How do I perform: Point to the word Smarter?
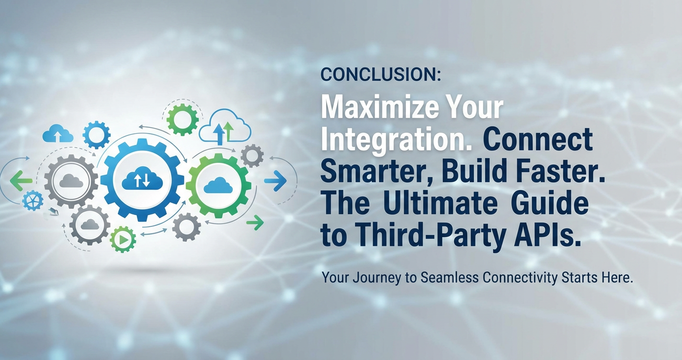click(x=375, y=172)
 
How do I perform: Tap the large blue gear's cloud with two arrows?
click(x=142, y=179)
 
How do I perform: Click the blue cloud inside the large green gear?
click(x=218, y=185)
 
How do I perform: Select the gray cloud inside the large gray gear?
click(x=71, y=181)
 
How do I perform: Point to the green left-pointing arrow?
click(x=21, y=181)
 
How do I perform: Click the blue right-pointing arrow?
click(x=275, y=181)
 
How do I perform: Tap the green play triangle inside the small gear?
click(x=124, y=240)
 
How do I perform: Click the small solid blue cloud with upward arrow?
click(x=58, y=134)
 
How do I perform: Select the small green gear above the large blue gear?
click(x=182, y=119)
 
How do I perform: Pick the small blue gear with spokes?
click(x=33, y=200)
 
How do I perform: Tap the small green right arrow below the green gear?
click(x=255, y=223)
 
